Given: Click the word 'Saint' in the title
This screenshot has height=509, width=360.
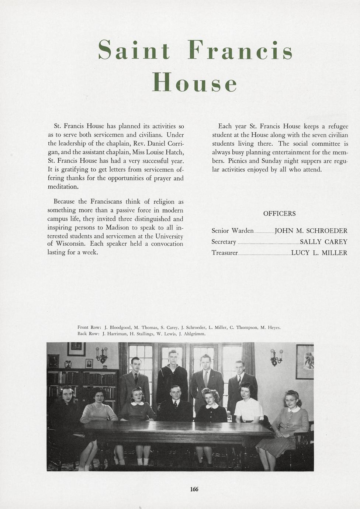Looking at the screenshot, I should click(x=134, y=51).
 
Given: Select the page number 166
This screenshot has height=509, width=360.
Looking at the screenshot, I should click(x=194, y=489).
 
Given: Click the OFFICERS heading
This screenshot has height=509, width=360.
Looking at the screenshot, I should click(x=279, y=214).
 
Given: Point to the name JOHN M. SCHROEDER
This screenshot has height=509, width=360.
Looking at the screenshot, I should click(x=311, y=231).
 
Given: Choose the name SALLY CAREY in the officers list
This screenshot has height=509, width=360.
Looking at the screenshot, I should click(x=323, y=242).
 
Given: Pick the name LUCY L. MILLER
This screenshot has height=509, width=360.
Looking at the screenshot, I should click(x=319, y=253).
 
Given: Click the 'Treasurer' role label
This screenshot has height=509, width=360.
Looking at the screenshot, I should click(x=225, y=253).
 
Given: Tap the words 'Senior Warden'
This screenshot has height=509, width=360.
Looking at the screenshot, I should click(x=232, y=231).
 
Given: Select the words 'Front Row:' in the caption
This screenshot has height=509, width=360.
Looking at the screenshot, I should click(x=89, y=327).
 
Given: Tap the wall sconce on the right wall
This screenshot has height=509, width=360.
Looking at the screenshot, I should click(x=276, y=357).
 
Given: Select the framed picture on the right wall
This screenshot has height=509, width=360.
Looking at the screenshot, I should click(x=305, y=361).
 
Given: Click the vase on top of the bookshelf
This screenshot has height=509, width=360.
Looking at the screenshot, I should click(x=68, y=364).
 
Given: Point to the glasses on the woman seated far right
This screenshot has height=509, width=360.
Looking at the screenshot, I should click(x=290, y=401).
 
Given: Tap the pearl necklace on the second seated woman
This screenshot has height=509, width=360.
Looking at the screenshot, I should click(x=98, y=407).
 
